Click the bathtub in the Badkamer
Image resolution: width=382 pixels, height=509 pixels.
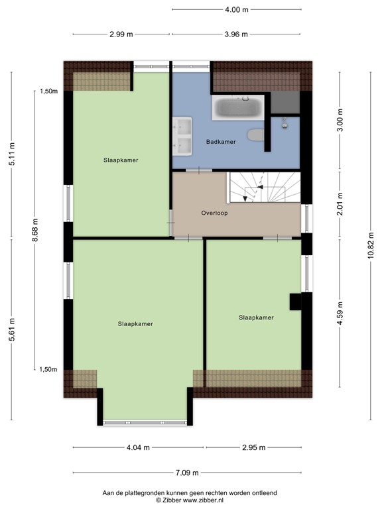[x=238, y=107]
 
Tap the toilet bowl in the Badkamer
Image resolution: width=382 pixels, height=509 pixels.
[x=255, y=135]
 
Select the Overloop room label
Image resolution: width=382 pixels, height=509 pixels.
[x=214, y=213]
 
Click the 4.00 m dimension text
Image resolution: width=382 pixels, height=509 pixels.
[x=236, y=10]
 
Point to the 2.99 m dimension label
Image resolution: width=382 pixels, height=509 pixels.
[x=120, y=34]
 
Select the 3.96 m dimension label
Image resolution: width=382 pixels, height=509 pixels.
[x=236, y=34]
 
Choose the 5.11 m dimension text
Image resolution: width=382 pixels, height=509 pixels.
[x=12, y=154]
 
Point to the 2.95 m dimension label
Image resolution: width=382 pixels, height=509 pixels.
[x=253, y=447]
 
